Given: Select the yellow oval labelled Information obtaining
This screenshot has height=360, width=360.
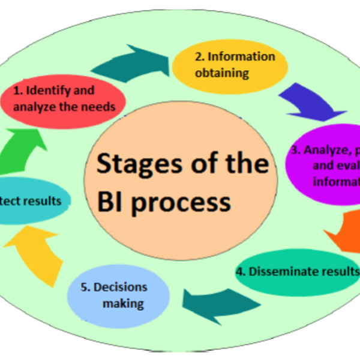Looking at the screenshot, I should click(225, 64).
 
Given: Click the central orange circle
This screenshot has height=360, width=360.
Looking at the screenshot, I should click(181, 181).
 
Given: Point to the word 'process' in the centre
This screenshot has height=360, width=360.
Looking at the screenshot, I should click(180, 203).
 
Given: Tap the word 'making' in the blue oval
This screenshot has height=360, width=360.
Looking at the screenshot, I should click(123, 303).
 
